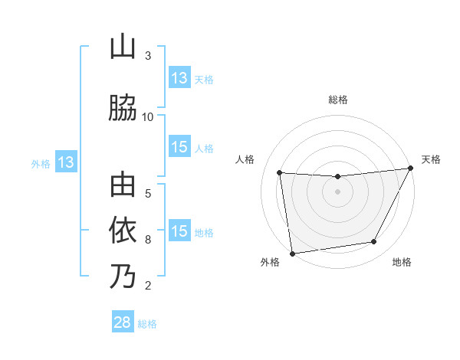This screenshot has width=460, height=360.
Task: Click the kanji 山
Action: (123, 47)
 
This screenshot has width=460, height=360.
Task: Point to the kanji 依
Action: (123, 231)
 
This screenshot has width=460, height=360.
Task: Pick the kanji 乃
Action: (123, 277)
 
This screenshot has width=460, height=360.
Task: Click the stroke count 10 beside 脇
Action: (148, 116)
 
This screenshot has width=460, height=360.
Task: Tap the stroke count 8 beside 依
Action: (148, 239)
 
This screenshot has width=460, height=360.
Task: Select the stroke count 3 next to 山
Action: (148, 56)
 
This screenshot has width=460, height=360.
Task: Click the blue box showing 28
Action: (123, 322)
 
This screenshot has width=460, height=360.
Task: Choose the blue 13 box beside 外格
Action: (66, 162)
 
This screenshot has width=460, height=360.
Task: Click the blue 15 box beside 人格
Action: (179, 147)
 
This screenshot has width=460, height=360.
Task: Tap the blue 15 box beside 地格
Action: (179, 231)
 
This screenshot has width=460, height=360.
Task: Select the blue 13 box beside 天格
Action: (179, 78)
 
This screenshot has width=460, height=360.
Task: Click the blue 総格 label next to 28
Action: (147, 324)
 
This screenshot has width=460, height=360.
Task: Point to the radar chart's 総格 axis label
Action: (337, 100)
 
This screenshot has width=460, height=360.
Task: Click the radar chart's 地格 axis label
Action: (402, 263)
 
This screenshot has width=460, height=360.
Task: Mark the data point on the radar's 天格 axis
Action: (411, 168)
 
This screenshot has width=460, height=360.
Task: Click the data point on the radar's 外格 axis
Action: (292, 253)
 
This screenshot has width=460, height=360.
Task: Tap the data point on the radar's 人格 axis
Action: (279, 173)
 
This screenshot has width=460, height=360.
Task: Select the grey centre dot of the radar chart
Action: (337, 191)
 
